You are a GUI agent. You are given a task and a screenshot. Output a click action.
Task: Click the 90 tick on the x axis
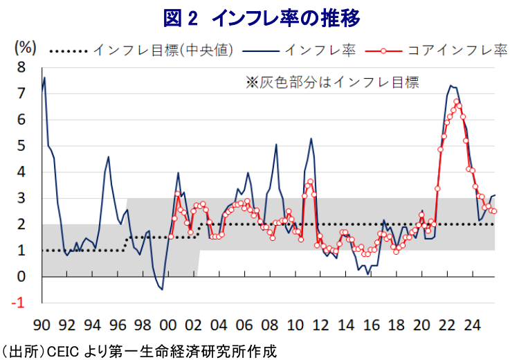click(x=43, y=323)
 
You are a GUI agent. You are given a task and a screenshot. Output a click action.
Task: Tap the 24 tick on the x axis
click(x=473, y=323)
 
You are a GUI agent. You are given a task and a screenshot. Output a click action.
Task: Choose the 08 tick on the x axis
click(x=271, y=323)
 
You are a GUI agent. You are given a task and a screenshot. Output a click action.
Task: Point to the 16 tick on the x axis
click(x=372, y=323)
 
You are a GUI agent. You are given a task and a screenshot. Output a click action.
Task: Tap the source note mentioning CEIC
click(x=138, y=350)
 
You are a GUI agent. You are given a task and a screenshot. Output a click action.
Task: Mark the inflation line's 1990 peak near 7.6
click(x=45, y=78)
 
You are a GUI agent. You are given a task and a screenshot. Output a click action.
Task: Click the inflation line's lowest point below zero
click(x=162, y=289)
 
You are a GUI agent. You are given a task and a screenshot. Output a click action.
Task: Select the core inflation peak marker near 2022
click(x=457, y=101)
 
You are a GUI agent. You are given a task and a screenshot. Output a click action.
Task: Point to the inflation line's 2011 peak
click(x=311, y=138)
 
